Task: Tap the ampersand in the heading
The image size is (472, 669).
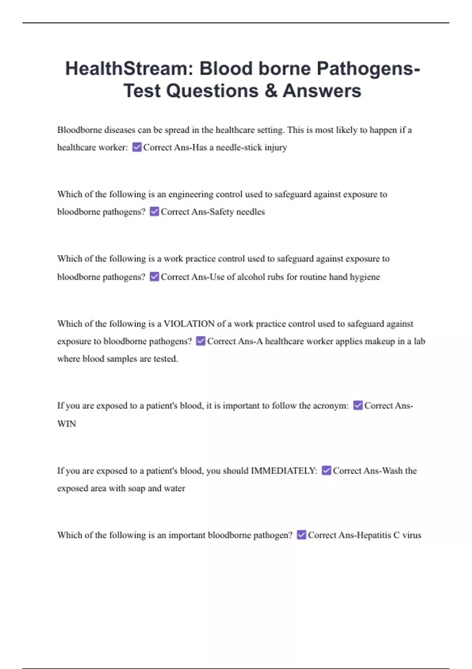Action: (271, 91)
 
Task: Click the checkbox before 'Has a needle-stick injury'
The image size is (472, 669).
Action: (137, 147)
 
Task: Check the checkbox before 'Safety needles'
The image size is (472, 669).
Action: (155, 212)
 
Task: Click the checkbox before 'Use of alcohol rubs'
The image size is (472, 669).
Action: (155, 277)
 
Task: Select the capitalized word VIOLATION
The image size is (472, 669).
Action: (189, 324)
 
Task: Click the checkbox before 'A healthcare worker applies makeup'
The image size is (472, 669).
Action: (201, 341)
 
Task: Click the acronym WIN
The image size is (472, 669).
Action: (66, 424)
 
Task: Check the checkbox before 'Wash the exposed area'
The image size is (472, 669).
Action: (326, 471)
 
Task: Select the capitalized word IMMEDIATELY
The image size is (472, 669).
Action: (284, 471)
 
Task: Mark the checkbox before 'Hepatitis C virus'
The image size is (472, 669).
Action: (301, 535)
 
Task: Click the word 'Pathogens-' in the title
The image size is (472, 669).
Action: (368, 68)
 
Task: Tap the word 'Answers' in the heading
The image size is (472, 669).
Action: (322, 91)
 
